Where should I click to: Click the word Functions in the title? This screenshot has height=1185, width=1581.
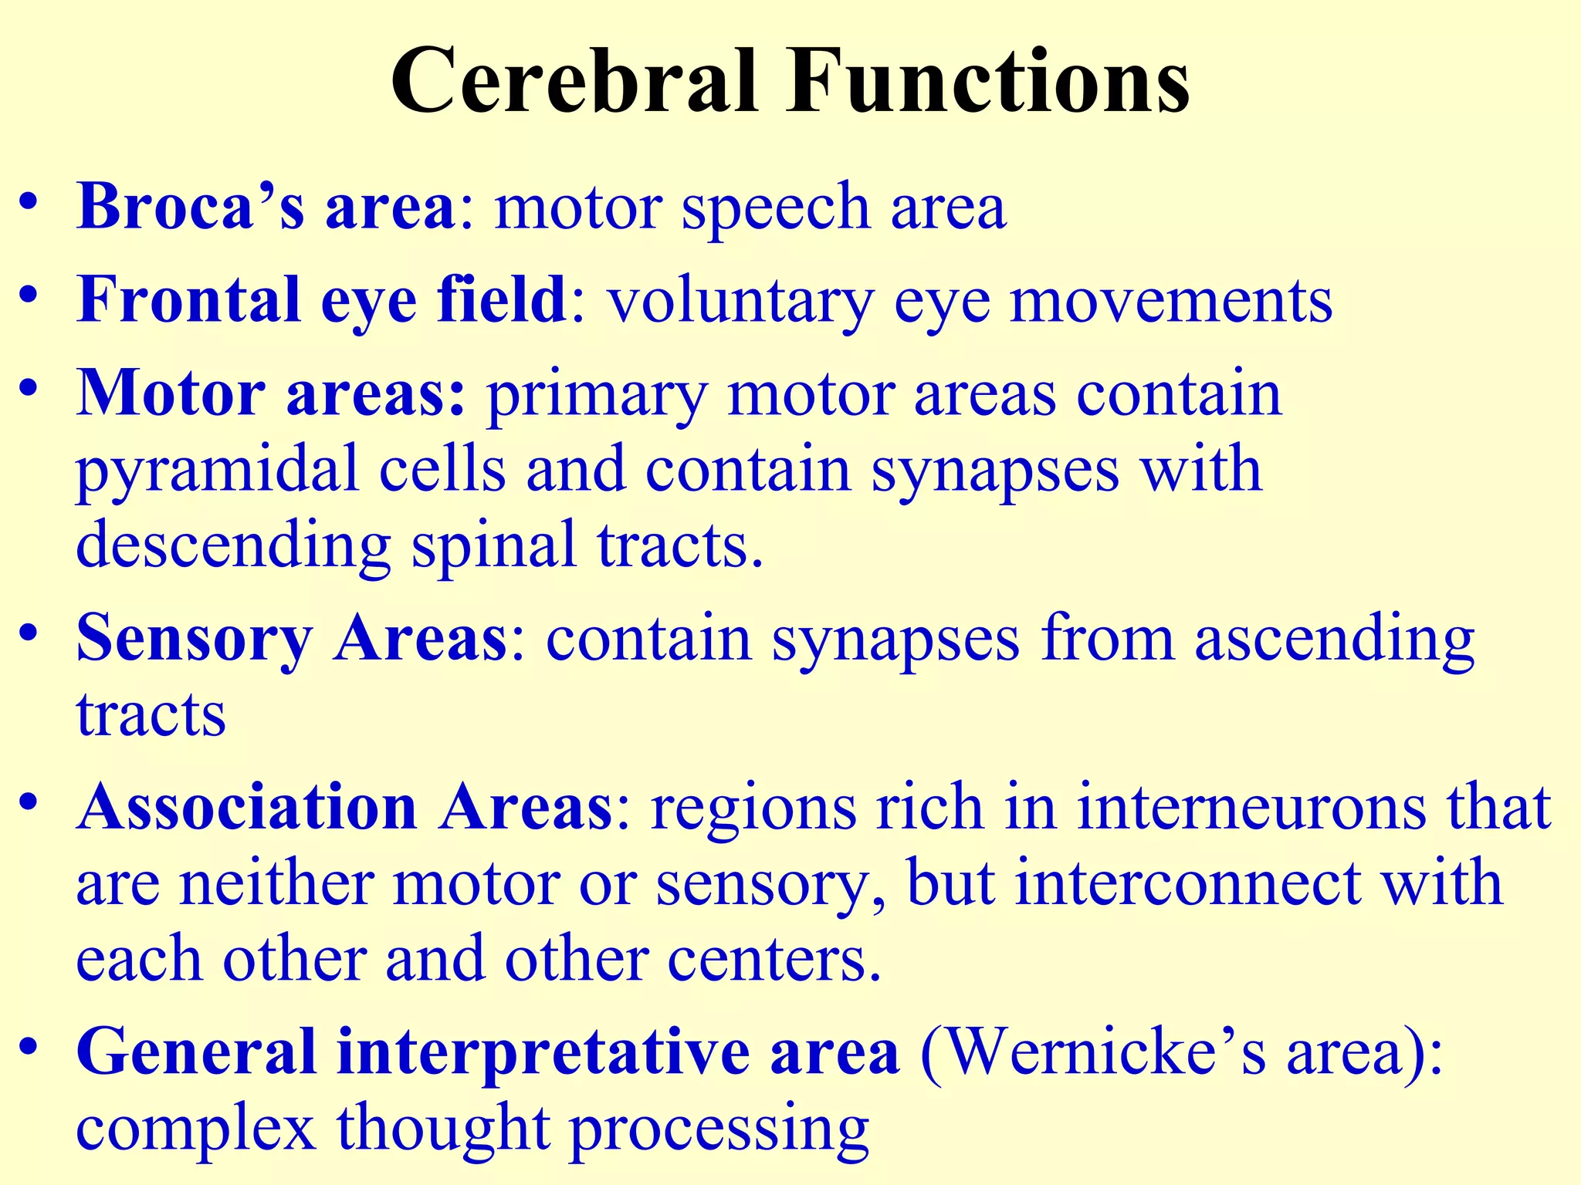click(x=988, y=82)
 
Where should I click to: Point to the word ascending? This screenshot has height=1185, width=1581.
click(x=1335, y=640)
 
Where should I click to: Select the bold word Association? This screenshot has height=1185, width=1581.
click(x=247, y=807)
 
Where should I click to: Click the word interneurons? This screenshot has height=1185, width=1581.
click(x=1251, y=807)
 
